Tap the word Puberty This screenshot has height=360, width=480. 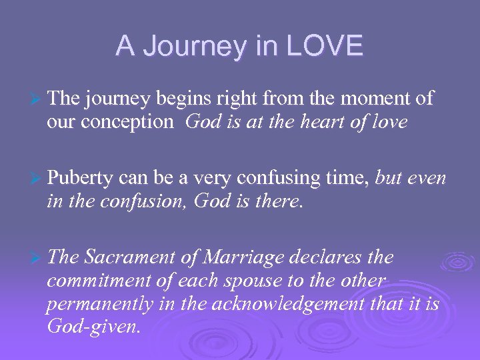81,179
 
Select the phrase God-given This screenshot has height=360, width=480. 93,328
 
